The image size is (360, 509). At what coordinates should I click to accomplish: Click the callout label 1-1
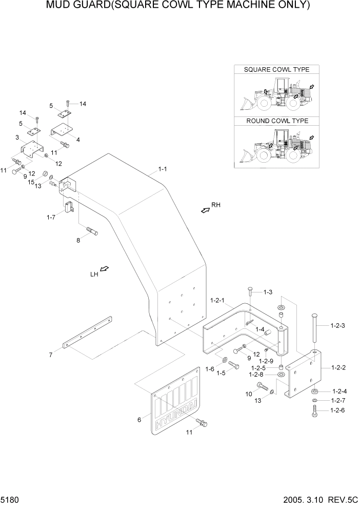click(163, 169)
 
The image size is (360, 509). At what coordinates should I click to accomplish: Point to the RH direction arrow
click(206, 209)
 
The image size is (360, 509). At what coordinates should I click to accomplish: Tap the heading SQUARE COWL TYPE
click(277, 69)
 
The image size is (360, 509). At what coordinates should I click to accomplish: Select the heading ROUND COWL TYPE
click(277, 121)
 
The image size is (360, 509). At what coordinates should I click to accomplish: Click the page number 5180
click(11, 499)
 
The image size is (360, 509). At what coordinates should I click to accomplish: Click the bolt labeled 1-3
click(250, 293)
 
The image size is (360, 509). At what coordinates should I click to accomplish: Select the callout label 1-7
click(50, 218)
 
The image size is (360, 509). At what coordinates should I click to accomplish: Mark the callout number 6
click(139, 420)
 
